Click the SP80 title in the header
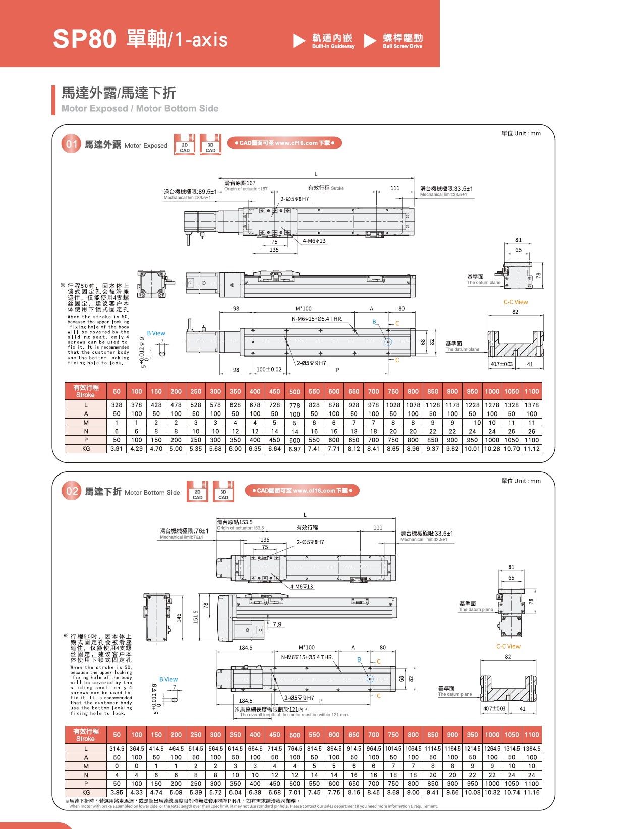coord(85,39)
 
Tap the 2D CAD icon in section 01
coord(185,144)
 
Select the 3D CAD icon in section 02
coord(223,491)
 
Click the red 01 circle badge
coord(71,144)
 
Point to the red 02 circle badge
coord(72,491)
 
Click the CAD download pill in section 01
coord(284,143)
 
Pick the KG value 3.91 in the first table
coord(117,449)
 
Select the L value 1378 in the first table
coord(531,405)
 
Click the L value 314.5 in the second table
coord(117,749)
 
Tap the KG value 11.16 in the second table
coord(531,792)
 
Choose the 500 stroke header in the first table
coord(295,392)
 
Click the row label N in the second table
coord(86,775)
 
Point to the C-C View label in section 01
coord(515,302)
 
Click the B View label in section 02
coord(168,680)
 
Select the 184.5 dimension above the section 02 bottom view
coord(246,648)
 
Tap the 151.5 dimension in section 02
coord(196,617)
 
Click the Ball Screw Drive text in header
coord(402,46)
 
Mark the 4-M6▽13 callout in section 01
coord(314,241)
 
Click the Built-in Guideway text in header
coord(333,46)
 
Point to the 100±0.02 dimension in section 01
coord(269,370)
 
